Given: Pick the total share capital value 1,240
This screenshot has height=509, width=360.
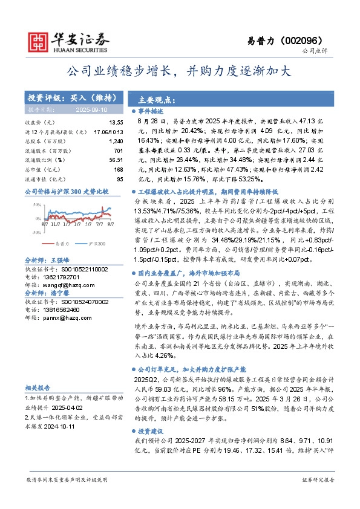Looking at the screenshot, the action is pyautogui.click(x=116, y=140).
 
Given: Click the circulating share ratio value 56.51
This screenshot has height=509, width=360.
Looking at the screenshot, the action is pyautogui.click(x=116, y=160).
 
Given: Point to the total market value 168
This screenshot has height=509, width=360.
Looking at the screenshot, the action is pyautogui.click(x=118, y=169).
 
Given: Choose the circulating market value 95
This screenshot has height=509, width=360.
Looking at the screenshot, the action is pyautogui.click(x=119, y=178).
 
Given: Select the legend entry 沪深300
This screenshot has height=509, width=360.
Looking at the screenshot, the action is pyautogui.click(x=97, y=244).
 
